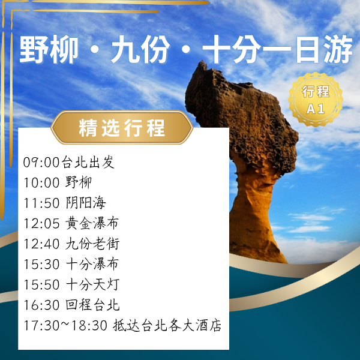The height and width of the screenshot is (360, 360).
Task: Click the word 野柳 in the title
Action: point(49,52)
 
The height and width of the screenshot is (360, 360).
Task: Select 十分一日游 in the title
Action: point(277,52)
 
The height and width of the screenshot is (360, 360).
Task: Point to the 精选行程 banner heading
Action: point(122,128)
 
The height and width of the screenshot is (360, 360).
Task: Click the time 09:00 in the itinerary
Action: point(41,162)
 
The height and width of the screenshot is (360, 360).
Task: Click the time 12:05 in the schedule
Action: point(41,224)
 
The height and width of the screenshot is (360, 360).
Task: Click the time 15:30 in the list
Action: point(41,265)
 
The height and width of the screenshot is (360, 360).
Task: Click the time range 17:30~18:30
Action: point(65,326)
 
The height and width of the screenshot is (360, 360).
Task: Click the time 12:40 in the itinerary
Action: point(41,244)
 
